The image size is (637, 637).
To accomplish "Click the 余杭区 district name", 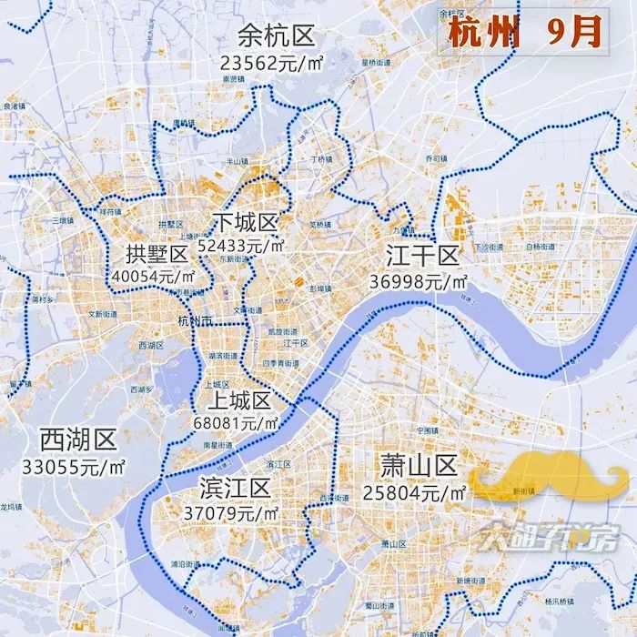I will tap(276, 36).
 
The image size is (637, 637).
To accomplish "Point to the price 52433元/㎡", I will tap(247, 246).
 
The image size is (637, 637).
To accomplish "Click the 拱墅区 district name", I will tap(157, 254).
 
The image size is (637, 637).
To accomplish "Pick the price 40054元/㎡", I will tap(153, 276).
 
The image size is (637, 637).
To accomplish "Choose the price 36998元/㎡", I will tap(419, 281).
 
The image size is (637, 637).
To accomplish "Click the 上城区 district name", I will tap(238, 401).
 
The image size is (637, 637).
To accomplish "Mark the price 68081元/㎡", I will tap(237, 423).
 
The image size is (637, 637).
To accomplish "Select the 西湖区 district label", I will tap(78, 441).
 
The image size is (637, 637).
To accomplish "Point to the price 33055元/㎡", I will tap(76, 466).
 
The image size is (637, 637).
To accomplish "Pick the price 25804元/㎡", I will tap(418, 492).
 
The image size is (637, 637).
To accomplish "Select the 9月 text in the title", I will tap(574, 33).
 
